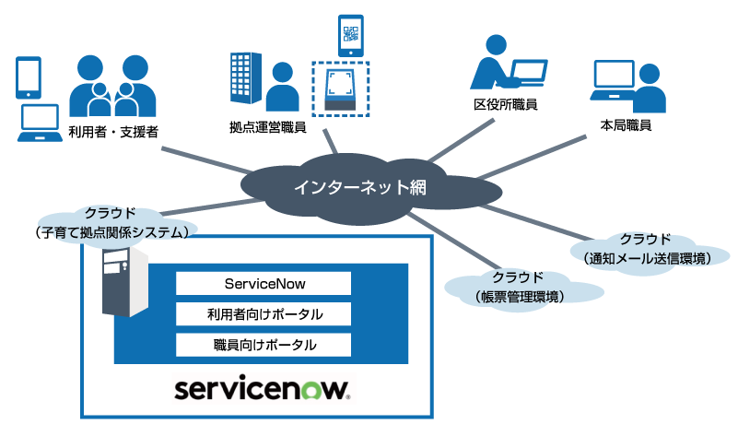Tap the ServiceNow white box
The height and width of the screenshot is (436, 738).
point(264,283)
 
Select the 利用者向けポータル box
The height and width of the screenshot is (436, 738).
point(264,314)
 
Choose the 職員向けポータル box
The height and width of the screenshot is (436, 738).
point(264,345)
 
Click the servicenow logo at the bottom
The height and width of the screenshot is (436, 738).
point(264,388)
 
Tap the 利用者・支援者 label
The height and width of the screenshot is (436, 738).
point(114,133)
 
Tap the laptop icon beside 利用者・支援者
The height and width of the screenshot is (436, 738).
point(40,121)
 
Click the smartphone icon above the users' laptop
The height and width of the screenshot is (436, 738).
point(29,76)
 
